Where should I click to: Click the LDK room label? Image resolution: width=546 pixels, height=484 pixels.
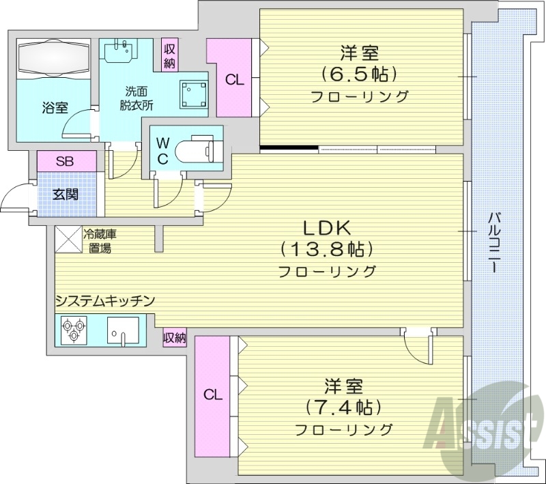pos(327,226)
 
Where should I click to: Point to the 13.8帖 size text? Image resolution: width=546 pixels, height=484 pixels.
pos(327,248)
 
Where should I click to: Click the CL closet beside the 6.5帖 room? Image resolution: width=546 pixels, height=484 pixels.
pos(233,79)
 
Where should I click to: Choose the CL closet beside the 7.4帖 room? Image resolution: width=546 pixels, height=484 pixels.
pos(212,395)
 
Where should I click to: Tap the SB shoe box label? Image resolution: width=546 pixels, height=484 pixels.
pos(66,162)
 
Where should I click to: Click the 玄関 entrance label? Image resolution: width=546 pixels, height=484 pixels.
pos(66,194)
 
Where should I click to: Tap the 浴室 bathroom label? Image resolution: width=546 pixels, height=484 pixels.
pos(55,107)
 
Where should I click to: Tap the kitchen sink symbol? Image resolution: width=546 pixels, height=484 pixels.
pos(123,331)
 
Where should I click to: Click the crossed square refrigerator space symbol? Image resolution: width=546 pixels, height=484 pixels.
pos(68,239)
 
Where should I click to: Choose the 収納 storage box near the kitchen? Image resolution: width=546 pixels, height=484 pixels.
pos(175,337)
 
